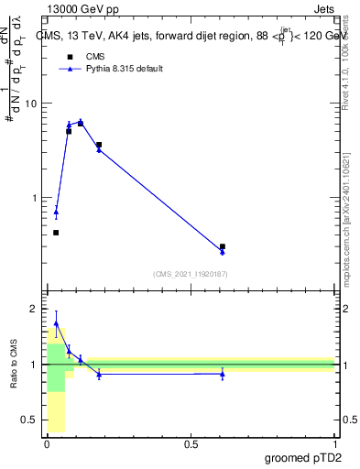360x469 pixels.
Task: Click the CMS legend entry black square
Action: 69,57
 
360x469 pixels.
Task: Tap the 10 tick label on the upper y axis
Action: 31,104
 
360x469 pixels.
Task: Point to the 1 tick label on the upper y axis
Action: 34,198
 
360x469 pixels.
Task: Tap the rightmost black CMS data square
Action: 223,246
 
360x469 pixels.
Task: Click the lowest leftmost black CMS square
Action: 56,233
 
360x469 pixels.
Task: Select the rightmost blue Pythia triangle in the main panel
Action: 223,252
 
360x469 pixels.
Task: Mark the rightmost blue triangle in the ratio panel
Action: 223,374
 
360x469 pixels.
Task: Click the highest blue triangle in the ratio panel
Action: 56,323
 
